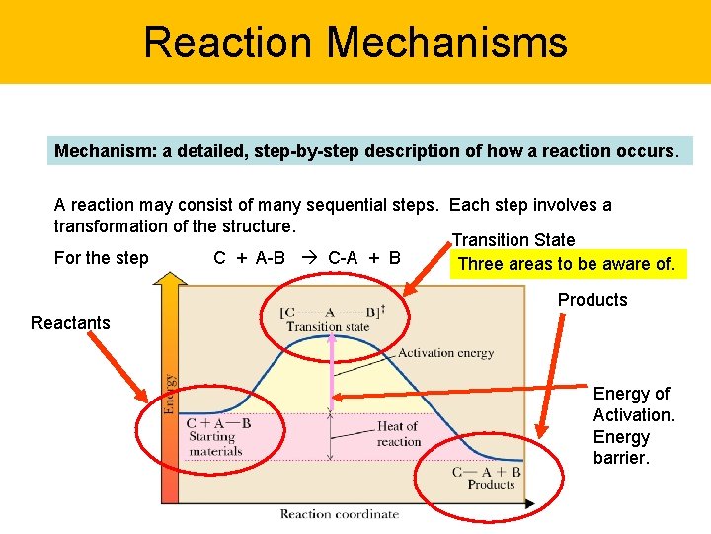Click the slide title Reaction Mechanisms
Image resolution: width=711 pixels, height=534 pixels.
[355, 43]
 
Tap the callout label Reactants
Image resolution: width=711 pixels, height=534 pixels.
[70, 323]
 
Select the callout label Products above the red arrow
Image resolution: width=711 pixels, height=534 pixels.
[592, 300]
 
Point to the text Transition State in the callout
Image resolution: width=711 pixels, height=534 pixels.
[513, 240]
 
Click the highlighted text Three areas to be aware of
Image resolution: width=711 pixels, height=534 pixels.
[567, 264]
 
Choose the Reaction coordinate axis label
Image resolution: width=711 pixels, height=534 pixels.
[339, 514]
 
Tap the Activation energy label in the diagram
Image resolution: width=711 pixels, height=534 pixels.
[445, 353]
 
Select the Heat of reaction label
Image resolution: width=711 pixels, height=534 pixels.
[398, 434]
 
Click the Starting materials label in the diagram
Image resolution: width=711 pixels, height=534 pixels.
[215, 444]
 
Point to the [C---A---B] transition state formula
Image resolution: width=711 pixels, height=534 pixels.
[332, 311]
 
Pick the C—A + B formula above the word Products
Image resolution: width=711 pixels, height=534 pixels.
[487, 472]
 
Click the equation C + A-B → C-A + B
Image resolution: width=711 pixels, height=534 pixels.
[307, 258]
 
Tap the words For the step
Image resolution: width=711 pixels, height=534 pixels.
[102, 258]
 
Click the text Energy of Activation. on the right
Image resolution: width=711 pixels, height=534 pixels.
[634, 404]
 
